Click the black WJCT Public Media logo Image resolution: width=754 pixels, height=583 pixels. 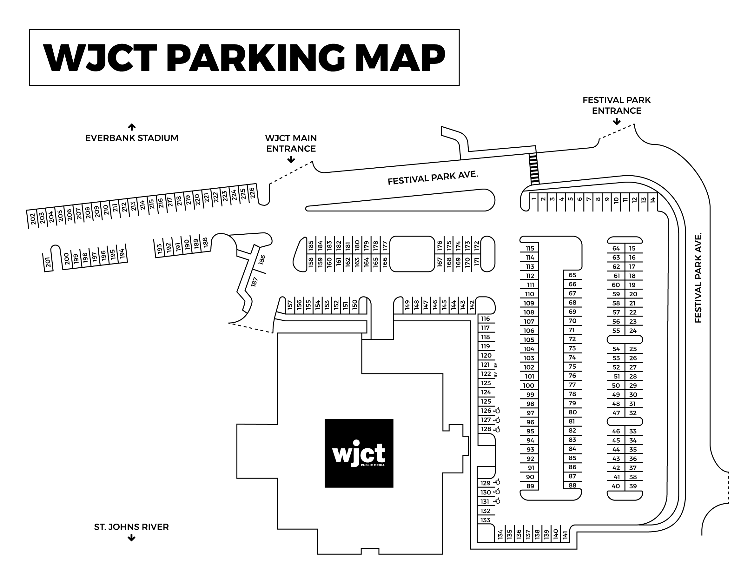point(359,453)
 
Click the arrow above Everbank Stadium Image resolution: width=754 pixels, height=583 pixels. point(131,127)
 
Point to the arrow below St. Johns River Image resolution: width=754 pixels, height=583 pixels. point(131,538)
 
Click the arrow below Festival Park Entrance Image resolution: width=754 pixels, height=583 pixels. point(617,122)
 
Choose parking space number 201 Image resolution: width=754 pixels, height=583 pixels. point(48,263)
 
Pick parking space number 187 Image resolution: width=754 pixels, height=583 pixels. point(255,282)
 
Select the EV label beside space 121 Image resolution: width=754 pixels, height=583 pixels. point(495,365)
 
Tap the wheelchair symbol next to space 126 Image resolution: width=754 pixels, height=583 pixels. point(497,411)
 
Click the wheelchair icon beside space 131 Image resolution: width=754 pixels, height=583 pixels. point(497,501)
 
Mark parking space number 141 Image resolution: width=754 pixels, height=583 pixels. point(565,535)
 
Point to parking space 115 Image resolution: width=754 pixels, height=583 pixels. point(530,248)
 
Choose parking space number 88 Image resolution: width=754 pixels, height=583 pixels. point(572,485)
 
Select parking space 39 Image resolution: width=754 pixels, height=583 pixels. point(633,486)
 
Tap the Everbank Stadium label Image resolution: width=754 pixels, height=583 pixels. point(131,138)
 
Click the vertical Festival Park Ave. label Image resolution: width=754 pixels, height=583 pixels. point(698,278)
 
